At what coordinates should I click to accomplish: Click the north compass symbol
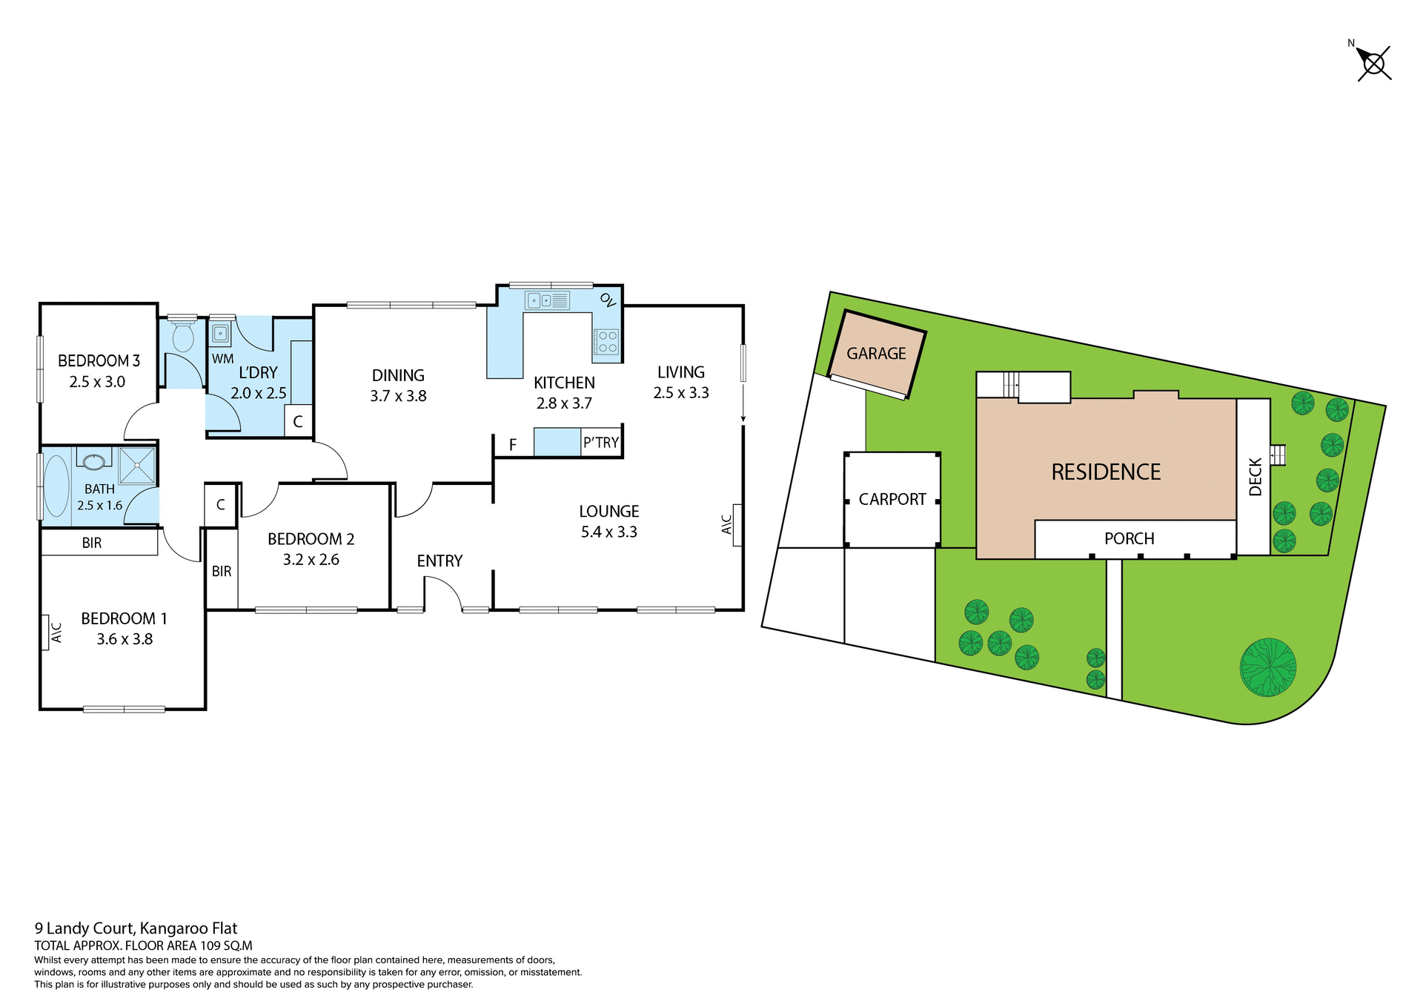[1373, 64]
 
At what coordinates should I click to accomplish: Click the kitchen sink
[547, 300]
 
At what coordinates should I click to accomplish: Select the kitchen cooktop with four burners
[607, 342]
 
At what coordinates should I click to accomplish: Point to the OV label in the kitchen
[608, 300]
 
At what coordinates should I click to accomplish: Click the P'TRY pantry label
[600, 443]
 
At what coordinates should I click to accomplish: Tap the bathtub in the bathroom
[56, 486]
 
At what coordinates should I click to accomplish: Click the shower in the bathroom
[137, 466]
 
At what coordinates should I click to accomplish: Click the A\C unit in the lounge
[729, 524]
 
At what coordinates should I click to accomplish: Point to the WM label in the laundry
[222, 359]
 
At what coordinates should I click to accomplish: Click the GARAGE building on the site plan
[876, 354]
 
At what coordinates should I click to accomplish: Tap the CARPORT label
[892, 499]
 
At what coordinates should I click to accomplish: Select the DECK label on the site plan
[1255, 477]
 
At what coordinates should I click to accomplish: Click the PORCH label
[1129, 538]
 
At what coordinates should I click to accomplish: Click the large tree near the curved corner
[1267, 667]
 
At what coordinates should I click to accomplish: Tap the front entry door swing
[445, 593]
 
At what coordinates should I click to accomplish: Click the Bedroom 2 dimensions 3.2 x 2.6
[311, 560]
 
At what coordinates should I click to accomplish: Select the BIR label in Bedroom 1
[92, 543]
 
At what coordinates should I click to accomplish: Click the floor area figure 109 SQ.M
[226, 945]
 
